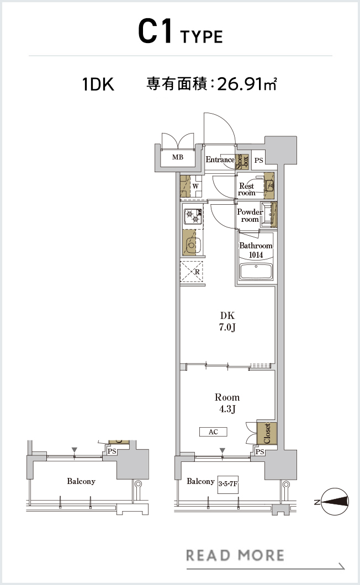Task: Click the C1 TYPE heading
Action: (181, 31)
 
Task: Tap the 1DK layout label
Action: (98, 84)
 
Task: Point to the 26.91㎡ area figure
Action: (246, 84)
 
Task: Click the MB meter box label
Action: (178, 157)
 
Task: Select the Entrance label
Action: (220, 159)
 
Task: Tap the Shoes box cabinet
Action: (242, 162)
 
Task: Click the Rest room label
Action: (246, 189)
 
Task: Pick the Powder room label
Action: (250, 216)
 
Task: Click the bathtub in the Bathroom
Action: (256, 271)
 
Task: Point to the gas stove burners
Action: (193, 216)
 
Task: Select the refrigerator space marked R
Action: (192, 272)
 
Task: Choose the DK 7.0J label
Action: (227, 321)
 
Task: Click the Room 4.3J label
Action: (227, 403)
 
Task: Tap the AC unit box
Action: (213, 432)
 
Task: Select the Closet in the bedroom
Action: (267, 433)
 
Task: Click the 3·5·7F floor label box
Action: (228, 484)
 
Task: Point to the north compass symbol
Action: (335, 502)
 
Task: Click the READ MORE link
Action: (235, 555)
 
